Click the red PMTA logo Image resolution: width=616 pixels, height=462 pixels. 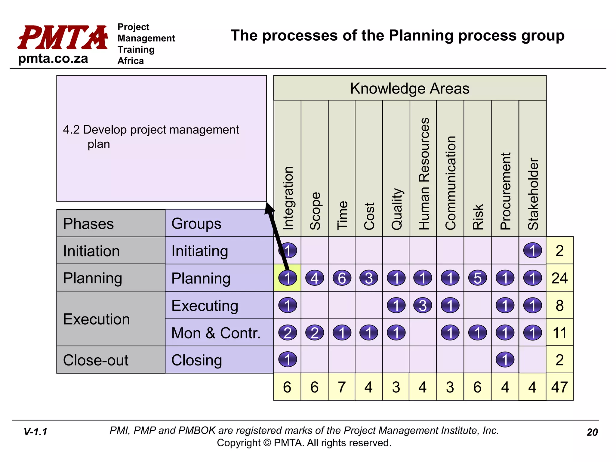[63, 37]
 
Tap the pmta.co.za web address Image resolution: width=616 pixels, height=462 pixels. [53, 58]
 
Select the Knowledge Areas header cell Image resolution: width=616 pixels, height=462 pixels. [410, 88]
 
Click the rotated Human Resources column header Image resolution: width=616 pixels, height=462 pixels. [423, 174]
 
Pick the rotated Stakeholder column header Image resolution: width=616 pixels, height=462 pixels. [533, 194]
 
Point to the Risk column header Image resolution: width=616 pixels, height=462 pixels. [478, 217]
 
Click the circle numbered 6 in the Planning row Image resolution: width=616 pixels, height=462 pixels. [342, 278]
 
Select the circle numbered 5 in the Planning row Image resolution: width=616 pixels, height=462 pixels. [478, 278]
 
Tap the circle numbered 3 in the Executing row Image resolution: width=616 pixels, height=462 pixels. [423, 305]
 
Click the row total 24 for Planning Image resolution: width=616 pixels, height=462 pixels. [559, 278]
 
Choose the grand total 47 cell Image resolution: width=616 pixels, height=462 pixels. [559, 387]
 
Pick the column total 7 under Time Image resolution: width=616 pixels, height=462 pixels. [342, 387]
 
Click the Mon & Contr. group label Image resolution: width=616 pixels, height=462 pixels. [216, 333]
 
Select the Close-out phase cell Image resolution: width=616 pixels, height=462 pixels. [96, 360]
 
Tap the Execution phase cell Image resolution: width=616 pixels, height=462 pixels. [96, 319]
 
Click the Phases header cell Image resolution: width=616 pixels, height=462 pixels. [88, 223]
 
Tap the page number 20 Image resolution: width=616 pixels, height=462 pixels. [592, 432]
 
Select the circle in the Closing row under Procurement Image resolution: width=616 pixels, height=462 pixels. [505, 360]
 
